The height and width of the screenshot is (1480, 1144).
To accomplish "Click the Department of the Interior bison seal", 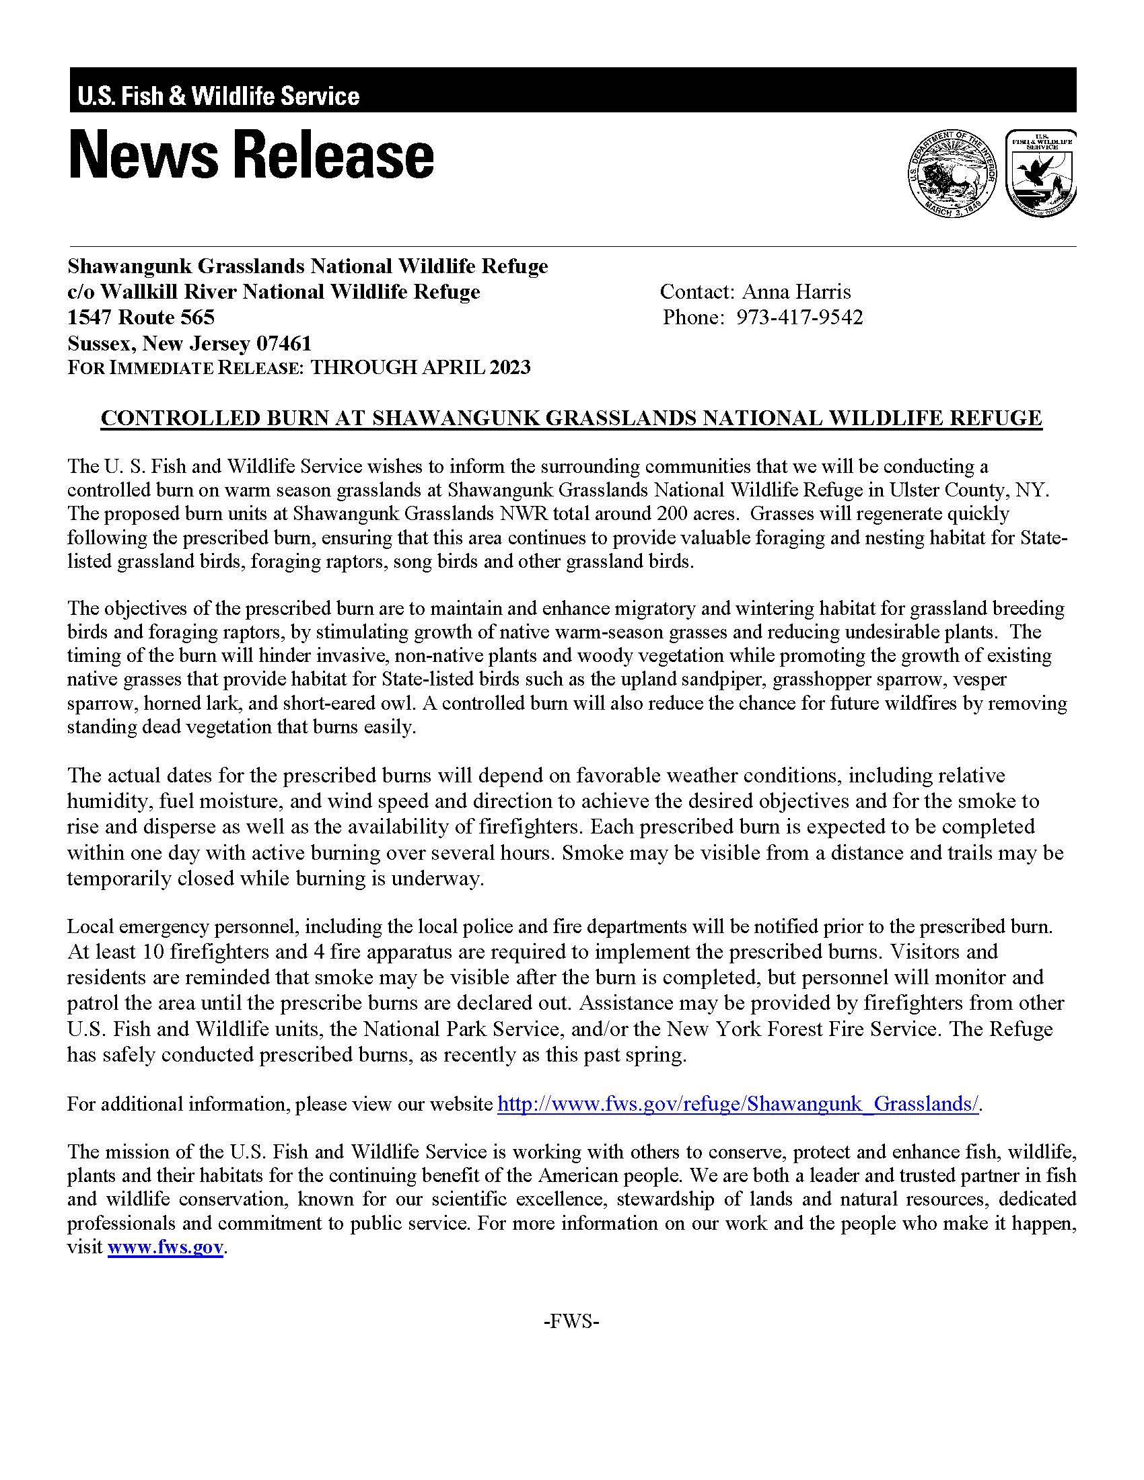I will click(x=952, y=173).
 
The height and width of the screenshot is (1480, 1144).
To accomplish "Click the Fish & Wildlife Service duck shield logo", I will click(x=1040, y=173).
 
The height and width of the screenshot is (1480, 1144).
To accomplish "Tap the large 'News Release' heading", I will click(x=252, y=156).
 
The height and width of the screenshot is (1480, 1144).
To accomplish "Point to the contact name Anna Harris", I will click(x=796, y=291).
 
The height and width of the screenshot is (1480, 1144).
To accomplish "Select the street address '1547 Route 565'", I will click(x=141, y=317).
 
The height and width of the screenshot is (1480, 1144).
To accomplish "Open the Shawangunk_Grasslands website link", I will click(x=738, y=1104).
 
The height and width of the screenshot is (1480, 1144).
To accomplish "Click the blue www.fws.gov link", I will click(x=166, y=1247).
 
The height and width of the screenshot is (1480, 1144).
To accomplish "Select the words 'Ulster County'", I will click(x=949, y=489).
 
